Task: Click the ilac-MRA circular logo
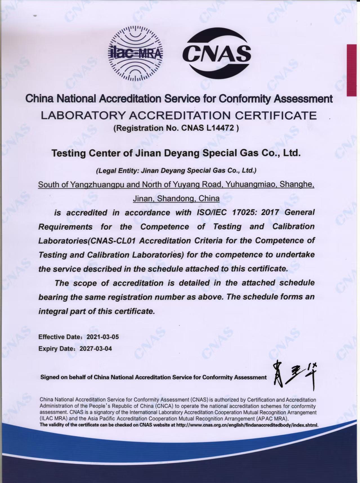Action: tap(135, 53)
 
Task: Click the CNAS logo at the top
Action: tap(216, 53)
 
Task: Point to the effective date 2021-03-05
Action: tap(102, 337)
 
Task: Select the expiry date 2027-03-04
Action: tap(96, 349)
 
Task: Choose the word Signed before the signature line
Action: tap(50, 377)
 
